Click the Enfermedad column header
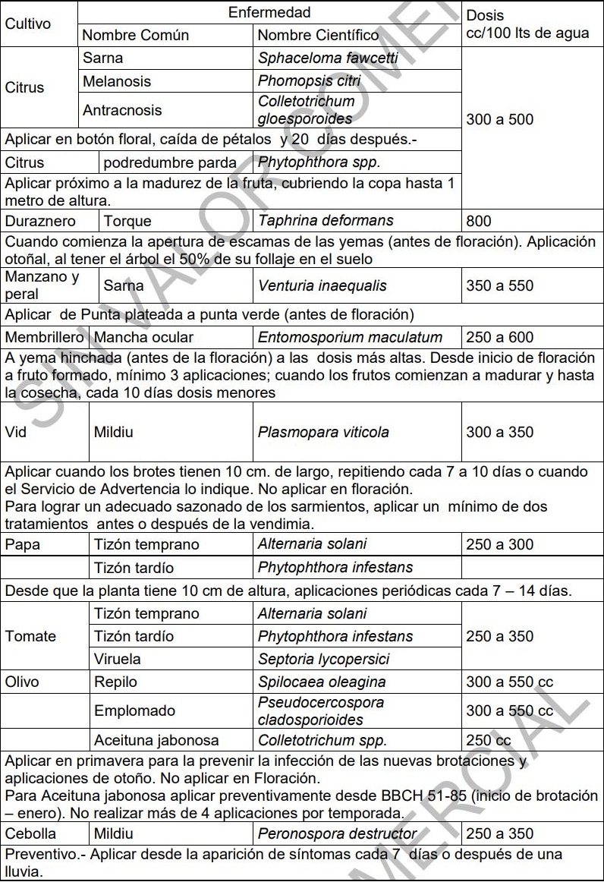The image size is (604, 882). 269,13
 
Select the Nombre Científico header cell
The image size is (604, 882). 318,35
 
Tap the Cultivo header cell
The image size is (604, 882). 28,24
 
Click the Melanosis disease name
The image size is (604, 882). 117,81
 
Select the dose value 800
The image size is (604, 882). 479,221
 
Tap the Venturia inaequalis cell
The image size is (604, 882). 322,285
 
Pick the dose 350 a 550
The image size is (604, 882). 500,285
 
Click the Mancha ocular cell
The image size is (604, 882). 143,337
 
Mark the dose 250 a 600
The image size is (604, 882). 500,337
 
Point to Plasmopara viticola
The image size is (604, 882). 323,432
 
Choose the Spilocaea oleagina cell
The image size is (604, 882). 322,682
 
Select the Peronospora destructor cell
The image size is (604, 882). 338,833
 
